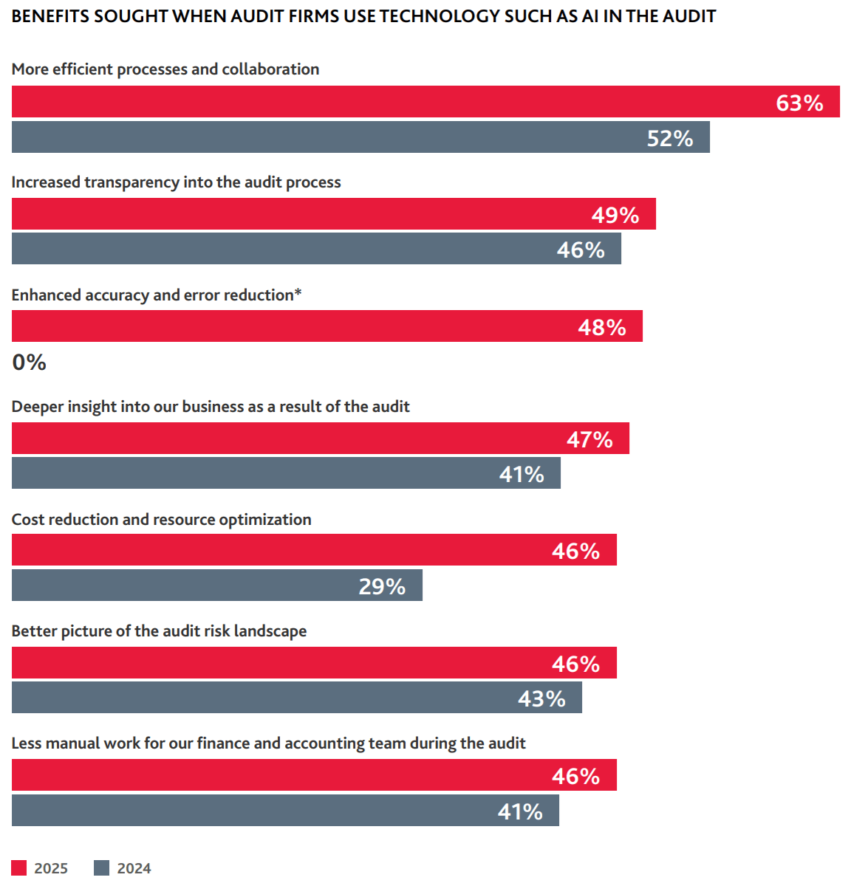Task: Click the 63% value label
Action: click(799, 103)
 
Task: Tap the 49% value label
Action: click(615, 215)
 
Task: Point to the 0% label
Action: click(30, 363)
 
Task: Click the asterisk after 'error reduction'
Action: click(298, 292)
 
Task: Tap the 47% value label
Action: click(589, 439)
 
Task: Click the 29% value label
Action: click(382, 586)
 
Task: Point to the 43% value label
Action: click(541, 698)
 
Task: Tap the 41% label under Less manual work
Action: click(520, 811)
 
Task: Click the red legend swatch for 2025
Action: click(19, 868)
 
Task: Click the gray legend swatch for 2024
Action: click(102, 868)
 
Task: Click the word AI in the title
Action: click(589, 16)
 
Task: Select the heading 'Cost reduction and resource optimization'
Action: click(161, 520)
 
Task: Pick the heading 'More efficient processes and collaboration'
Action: click(165, 69)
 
